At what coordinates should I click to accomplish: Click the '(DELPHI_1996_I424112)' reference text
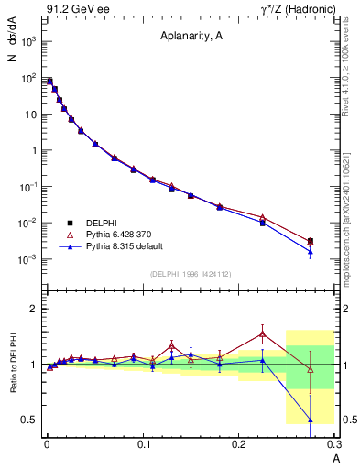(x=191, y=273)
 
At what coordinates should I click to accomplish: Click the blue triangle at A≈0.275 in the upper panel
(x=311, y=251)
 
